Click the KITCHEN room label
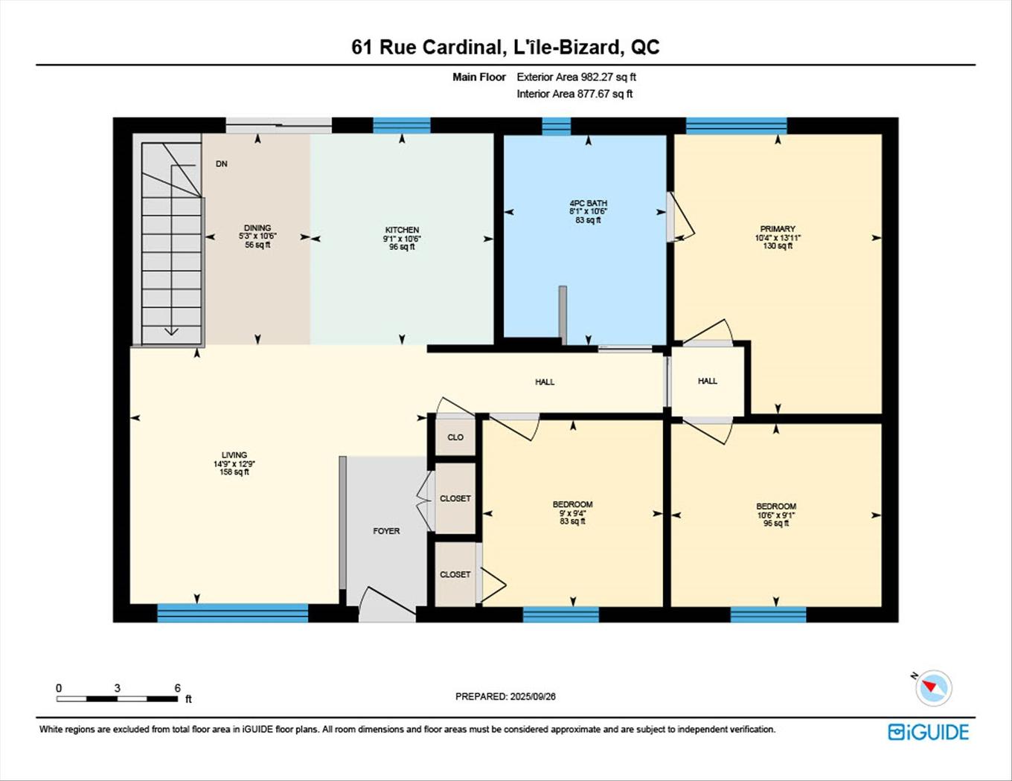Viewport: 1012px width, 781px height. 402,230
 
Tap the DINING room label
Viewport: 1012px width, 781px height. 257,228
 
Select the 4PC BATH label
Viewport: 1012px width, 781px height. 588,203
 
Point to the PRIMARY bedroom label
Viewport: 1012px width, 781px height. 778,229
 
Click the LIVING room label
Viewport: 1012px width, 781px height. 234,455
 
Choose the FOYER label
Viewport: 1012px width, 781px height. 386,531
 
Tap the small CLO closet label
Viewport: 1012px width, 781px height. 455,437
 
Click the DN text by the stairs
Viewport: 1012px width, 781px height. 222,164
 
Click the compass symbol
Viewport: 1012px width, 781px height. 932,688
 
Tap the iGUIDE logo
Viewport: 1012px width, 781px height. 928,732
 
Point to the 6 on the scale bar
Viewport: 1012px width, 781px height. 177,688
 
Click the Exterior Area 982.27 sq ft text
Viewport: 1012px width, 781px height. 576,77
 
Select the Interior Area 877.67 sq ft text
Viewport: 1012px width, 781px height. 574,94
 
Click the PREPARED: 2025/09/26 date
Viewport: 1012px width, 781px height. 505,696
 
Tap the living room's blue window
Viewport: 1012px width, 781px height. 232,613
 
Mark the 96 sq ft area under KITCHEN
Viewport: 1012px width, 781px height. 402,247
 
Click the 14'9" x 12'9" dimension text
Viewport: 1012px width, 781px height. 234,464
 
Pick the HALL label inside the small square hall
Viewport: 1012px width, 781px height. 708,381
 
